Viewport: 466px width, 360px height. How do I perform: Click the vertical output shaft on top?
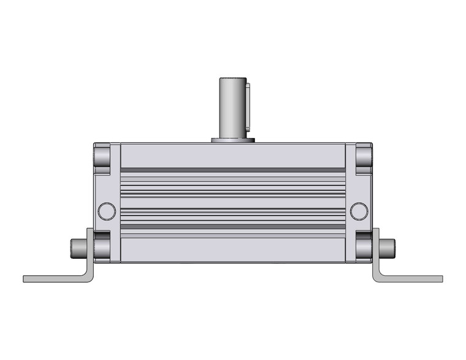[x=231, y=107]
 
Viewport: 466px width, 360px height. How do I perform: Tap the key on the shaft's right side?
[x=248, y=110]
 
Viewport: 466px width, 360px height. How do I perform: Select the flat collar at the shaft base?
[x=232, y=140]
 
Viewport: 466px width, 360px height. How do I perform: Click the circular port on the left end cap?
[x=107, y=211]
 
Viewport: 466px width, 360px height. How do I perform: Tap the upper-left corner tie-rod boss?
[x=102, y=158]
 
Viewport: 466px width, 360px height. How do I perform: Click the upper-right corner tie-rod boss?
[x=363, y=158]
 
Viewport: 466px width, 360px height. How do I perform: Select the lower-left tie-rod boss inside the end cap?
[x=102, y=247]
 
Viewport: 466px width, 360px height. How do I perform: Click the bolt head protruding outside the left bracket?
[x=77, y=248]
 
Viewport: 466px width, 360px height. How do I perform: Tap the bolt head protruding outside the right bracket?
[x=388, y=248]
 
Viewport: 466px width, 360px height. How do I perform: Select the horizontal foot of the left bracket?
[x=52, y=278]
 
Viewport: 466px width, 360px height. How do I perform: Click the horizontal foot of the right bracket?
[x=414, y=278]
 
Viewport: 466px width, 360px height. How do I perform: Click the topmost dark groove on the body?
[x=232, y=170]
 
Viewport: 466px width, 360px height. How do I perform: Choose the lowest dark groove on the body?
[x=232, y=226]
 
